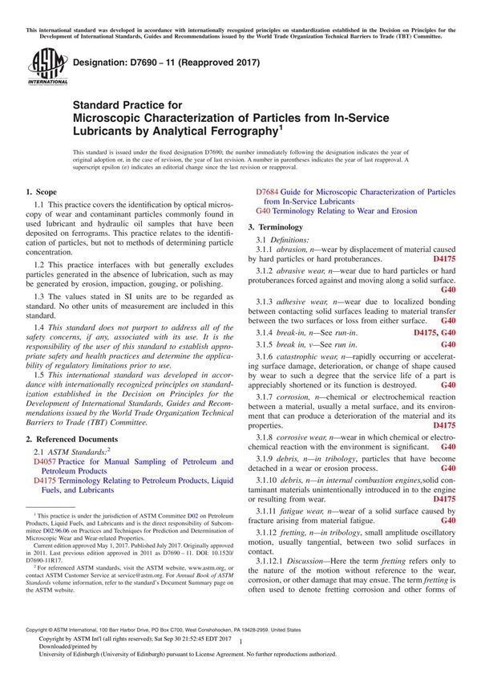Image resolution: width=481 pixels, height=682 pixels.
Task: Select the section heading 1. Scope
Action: point(41,192)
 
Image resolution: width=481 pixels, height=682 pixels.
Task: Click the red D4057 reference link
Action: point(43,462)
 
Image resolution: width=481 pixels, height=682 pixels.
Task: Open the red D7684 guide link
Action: point(270,192)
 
